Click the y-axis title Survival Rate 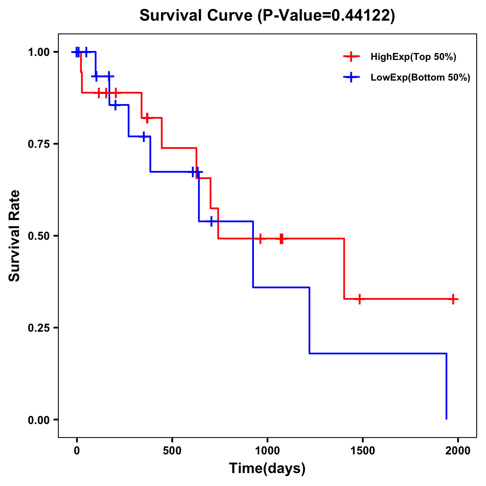pyautogui.click(x=15, y=236)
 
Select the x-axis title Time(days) pyautogui.click(x=267, y=468)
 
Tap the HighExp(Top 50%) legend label pyautogui.click(x=413, y=57)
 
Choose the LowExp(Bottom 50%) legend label pyautogui.click(x=420, y=78)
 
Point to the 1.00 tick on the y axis pyautogui.click(x=38, y=52)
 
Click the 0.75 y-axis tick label pyautogui.click(x=38, y=144)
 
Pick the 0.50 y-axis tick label pyautogui.click(x=38, y=236)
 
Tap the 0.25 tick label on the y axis pyautogui.click(x=38, y=328)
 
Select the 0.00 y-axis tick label pyautogui.click(x=38, y=420)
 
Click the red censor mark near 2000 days pyautogui.click(x=453, y=299)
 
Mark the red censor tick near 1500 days pyautogui.click(x=359, y=299)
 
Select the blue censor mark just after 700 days pyautogui.click(x=211, y=222)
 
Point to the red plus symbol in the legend pyautogui.click(x=352, y=57)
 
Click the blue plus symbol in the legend pyautogui.click(x=352, y=78)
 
